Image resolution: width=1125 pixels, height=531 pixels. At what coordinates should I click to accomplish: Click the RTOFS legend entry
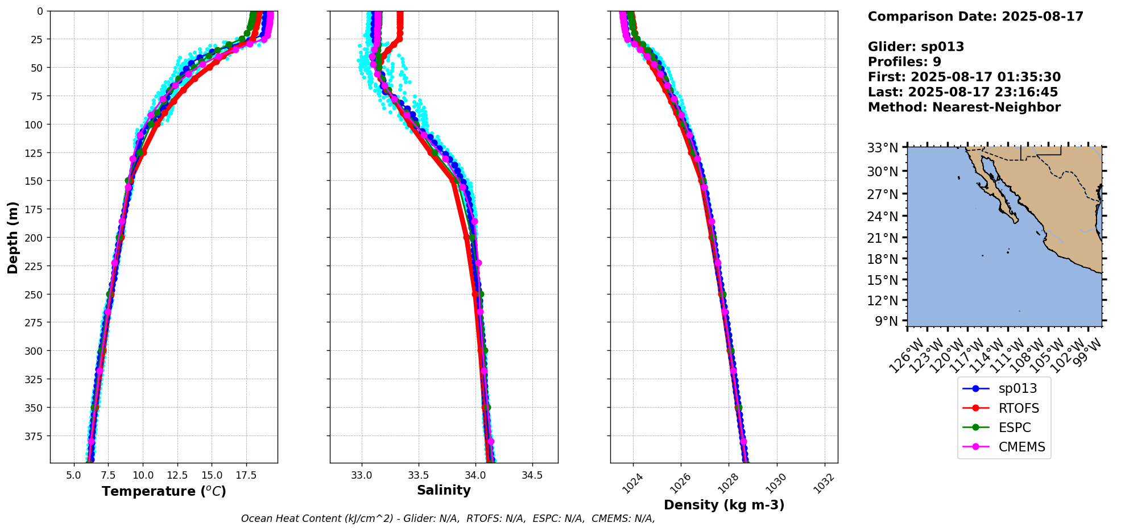1018,408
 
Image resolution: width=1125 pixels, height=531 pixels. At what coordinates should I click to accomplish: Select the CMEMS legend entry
1021,447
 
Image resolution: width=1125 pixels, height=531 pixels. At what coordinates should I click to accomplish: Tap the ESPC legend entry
1014,428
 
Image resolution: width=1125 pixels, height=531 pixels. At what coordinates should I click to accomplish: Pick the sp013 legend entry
1018,388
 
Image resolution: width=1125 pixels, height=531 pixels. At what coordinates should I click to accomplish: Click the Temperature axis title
164,491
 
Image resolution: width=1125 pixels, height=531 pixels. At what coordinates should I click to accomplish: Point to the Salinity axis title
444,490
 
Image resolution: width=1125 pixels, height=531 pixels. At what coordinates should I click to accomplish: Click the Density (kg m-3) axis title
724,505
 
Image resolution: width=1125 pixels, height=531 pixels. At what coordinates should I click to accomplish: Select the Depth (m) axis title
13,237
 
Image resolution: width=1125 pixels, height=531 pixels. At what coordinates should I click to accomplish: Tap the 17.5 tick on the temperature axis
246,475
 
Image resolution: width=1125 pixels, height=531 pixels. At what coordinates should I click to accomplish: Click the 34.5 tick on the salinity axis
532,475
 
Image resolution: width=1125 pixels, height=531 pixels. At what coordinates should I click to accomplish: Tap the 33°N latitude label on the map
883,148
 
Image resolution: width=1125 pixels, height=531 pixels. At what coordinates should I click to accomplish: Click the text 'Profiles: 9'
904,62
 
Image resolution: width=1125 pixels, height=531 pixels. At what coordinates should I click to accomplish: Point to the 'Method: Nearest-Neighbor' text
964,107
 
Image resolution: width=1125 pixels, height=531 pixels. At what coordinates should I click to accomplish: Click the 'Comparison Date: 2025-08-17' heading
975,16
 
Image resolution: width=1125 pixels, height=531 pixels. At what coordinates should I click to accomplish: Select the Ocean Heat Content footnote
448,518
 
